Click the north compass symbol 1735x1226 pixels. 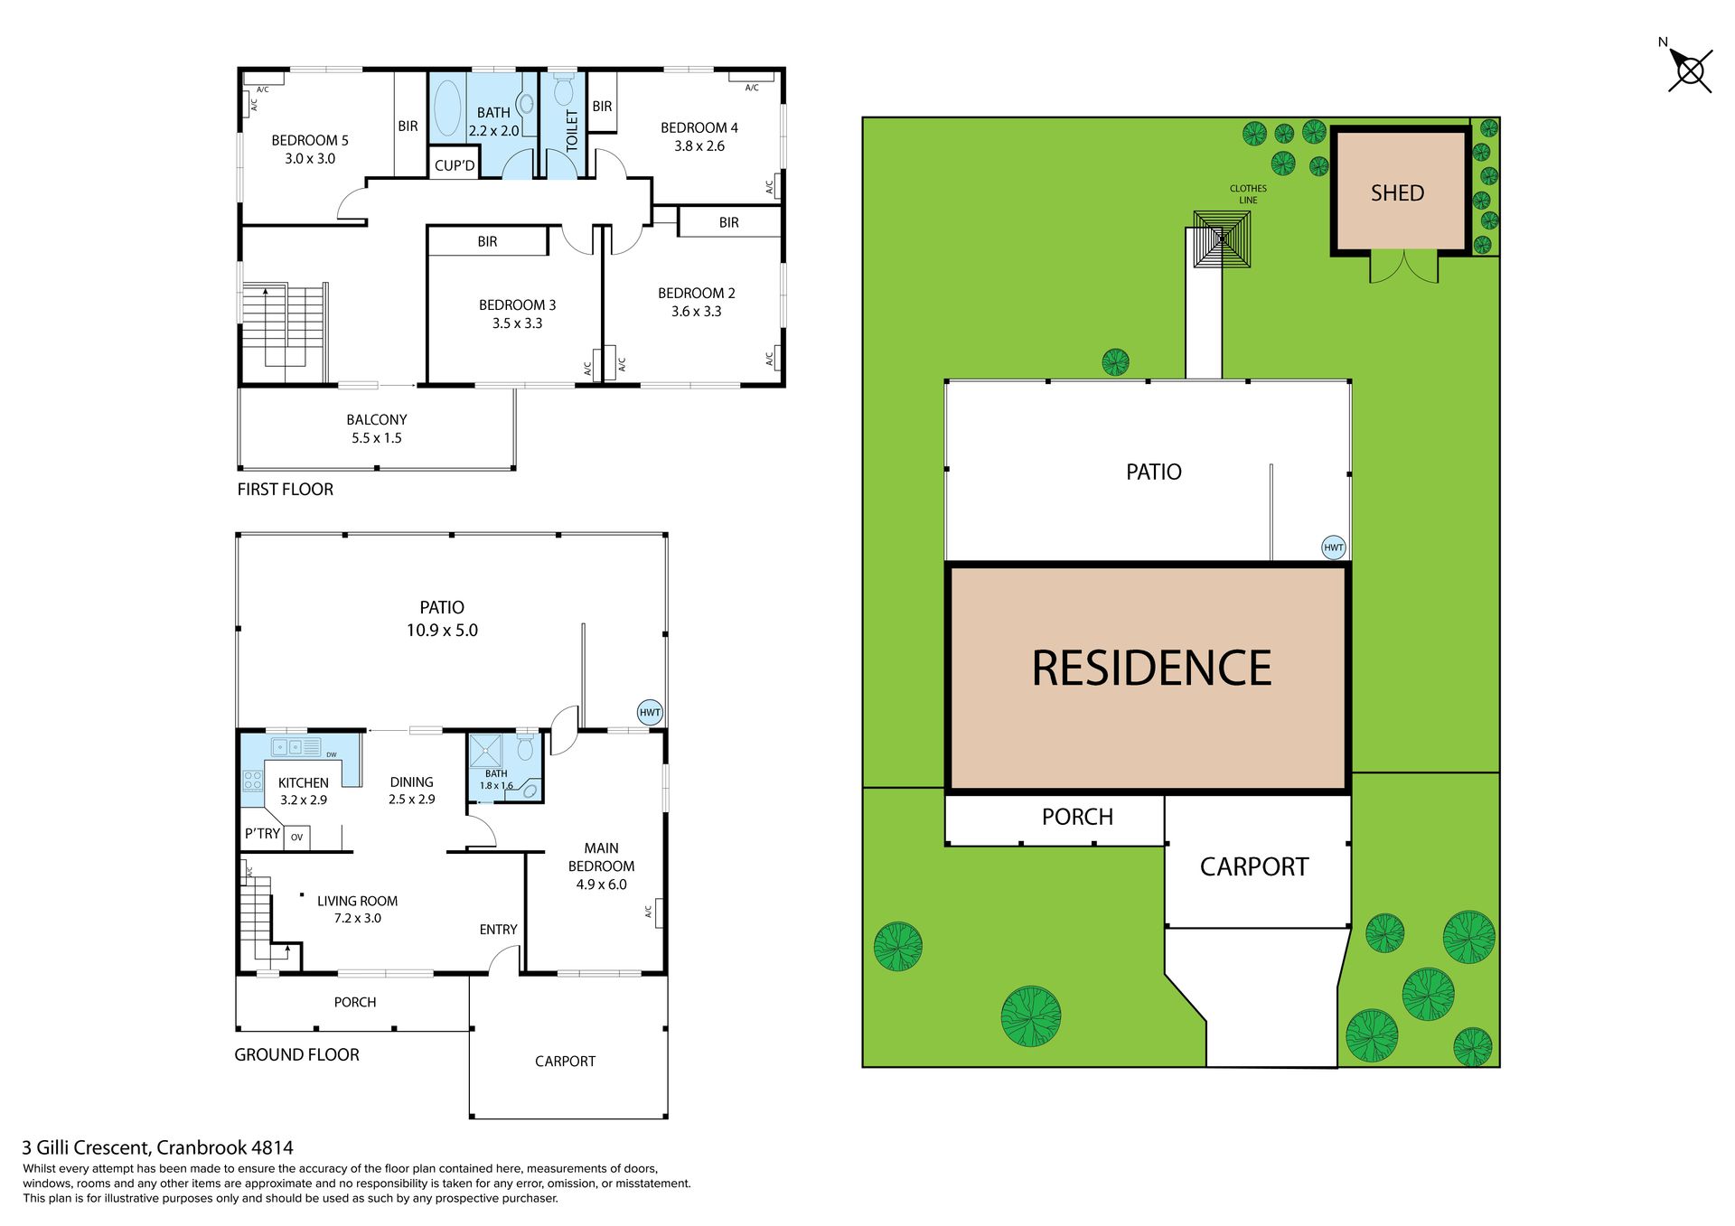1689,70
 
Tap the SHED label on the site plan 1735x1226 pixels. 1397,192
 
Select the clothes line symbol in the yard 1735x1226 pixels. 1222,239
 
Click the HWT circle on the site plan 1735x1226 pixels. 1334,547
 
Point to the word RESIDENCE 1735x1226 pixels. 1151,669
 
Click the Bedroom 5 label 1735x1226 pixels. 310,140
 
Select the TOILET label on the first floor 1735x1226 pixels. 571,130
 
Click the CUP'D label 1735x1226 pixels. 455,165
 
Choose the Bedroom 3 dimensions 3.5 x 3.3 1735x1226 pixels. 517,323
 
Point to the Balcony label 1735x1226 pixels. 377,419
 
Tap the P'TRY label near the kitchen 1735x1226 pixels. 262,833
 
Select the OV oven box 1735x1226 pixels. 297,838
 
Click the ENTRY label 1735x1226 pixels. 498,930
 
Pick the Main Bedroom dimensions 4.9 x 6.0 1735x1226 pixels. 601,884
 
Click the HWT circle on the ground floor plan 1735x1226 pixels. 650,712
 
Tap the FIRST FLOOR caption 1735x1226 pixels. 286,489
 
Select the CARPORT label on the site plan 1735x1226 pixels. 1253,867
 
